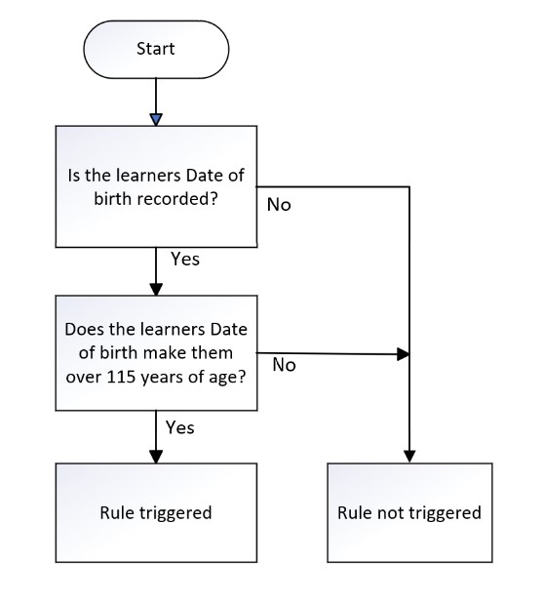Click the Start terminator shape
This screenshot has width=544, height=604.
pos(156,50)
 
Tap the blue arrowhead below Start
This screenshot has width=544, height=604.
pos(156,119)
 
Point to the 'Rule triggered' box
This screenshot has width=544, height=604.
pos(156,512)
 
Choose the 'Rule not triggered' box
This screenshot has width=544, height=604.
pos(409,512)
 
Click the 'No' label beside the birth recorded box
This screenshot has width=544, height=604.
pos(279,205)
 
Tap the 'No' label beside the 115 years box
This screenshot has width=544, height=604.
pos(284,365)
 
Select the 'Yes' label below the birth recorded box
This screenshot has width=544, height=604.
pos(185,259)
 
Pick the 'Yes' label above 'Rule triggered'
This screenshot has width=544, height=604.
pos(179,427)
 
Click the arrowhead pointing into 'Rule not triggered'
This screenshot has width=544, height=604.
pos(409,457)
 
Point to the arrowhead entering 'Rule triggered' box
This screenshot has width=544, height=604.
pos(156,457)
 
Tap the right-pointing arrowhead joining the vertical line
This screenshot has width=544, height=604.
pos(403,354)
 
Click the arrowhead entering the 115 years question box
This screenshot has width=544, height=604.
pos(156,289)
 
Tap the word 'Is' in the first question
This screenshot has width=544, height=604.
pos(73,176)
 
